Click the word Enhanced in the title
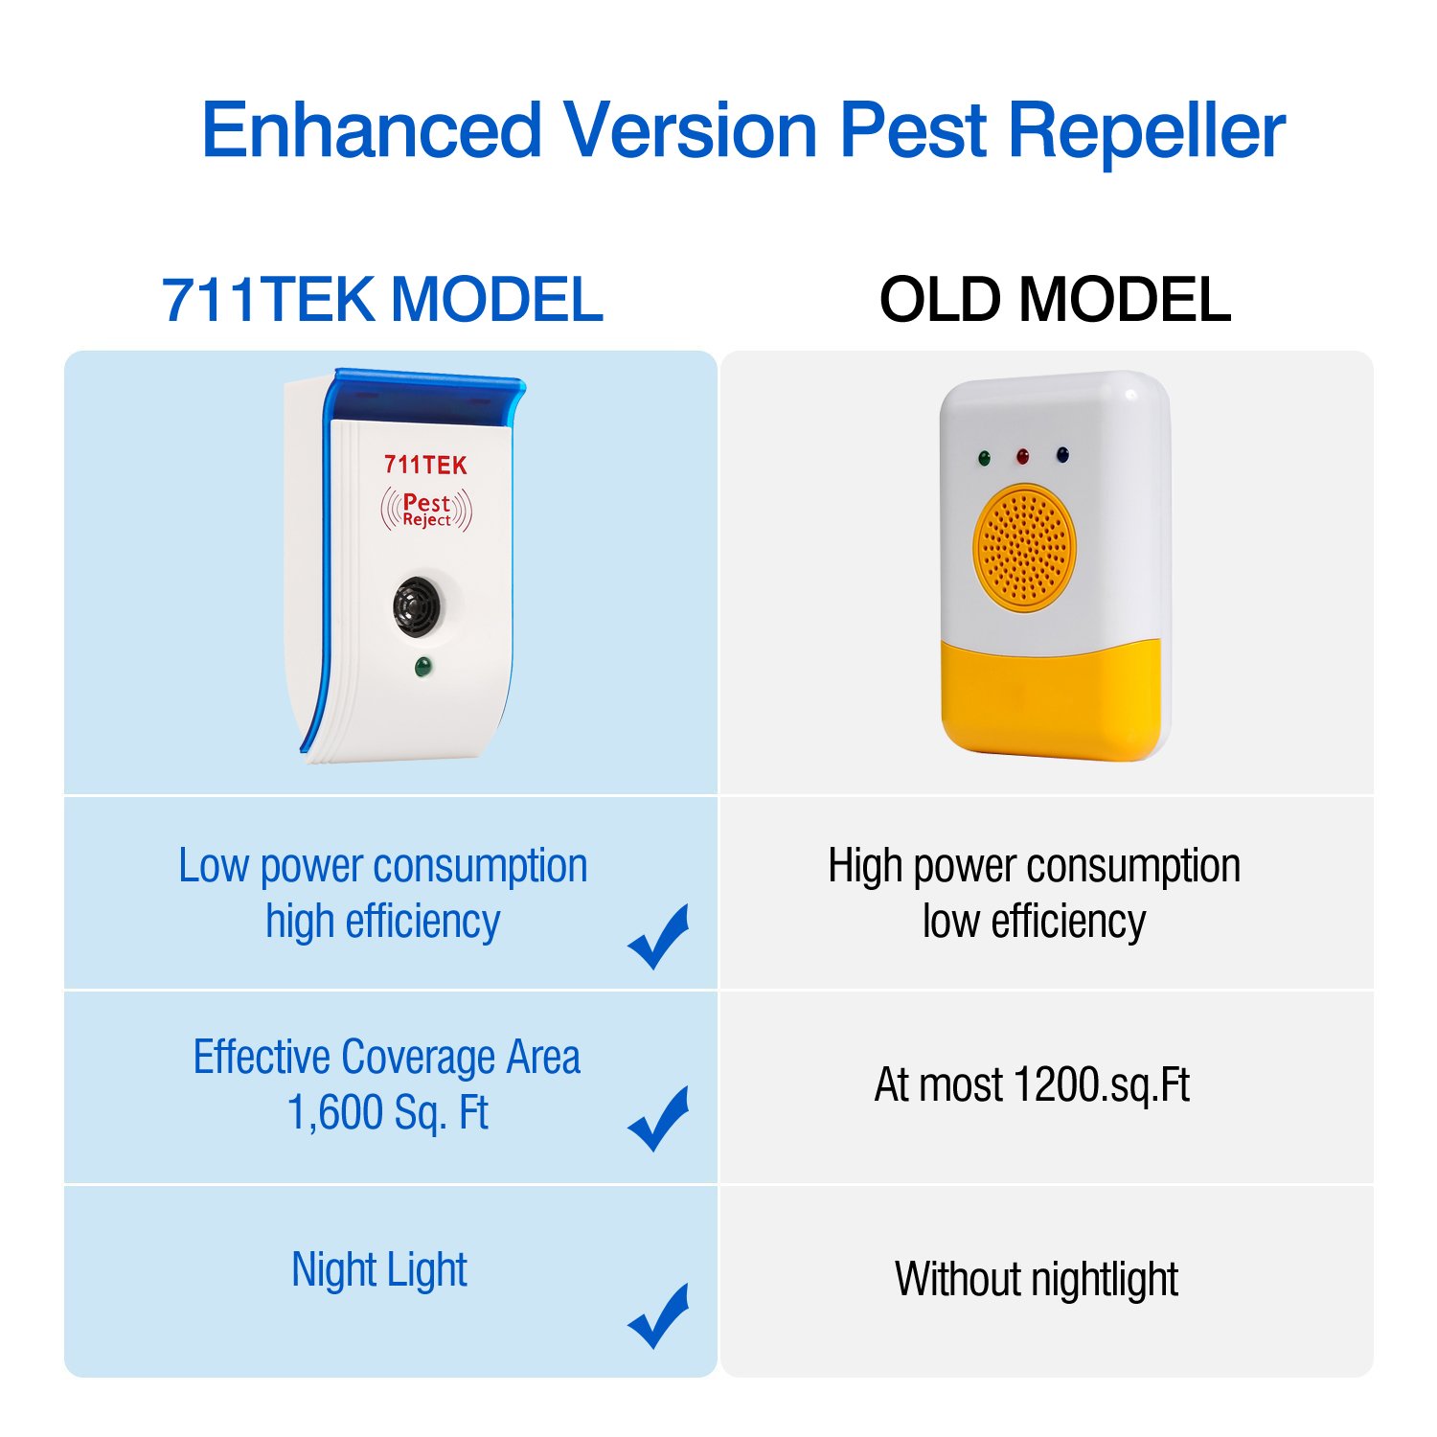[372, 130]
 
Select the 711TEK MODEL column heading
[382, 300]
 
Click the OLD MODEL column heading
[1055, 300]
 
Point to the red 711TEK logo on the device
[425, 466]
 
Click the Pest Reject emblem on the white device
[426, 510]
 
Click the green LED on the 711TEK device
[422, 667]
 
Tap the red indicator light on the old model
[1022, 456]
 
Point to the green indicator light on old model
[983, 459]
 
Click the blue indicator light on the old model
[1061, 454]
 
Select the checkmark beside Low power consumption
[660, 936]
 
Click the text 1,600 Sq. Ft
[388, 1113]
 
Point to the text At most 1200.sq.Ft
[1032, 1085]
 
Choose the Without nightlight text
[1036, 1279]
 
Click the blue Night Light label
[379, 1270]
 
